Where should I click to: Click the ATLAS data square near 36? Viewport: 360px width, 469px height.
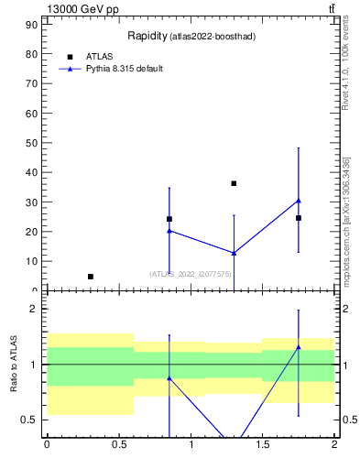(234, 183)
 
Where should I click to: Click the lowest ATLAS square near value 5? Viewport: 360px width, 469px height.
(90, 276)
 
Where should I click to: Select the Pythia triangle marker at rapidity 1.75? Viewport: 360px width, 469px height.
(299, 201)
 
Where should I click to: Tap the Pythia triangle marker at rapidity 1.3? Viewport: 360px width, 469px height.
(234, 253)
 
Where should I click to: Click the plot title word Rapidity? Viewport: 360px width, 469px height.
(146, 36)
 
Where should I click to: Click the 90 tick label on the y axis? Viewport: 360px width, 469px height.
(33, 24)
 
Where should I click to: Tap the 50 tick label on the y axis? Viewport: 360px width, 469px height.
(33, 143)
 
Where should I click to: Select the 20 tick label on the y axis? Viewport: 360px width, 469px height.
(33, 232)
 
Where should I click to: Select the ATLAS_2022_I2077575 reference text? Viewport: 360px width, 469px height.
(191, 274)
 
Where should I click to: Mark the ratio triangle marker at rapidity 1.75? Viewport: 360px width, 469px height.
(299, 347)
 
